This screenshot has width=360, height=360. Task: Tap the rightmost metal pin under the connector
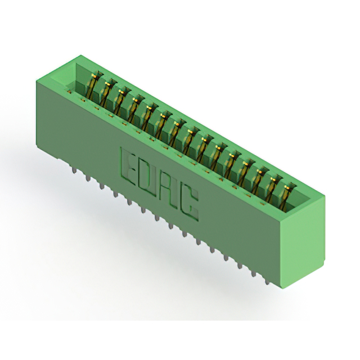click(x=267, y=281)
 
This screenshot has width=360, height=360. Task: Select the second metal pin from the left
click(x=88, y=177)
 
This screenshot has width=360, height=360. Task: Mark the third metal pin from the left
click(x=101, y=185)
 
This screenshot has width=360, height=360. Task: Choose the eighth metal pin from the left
click(x=171, y=225)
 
